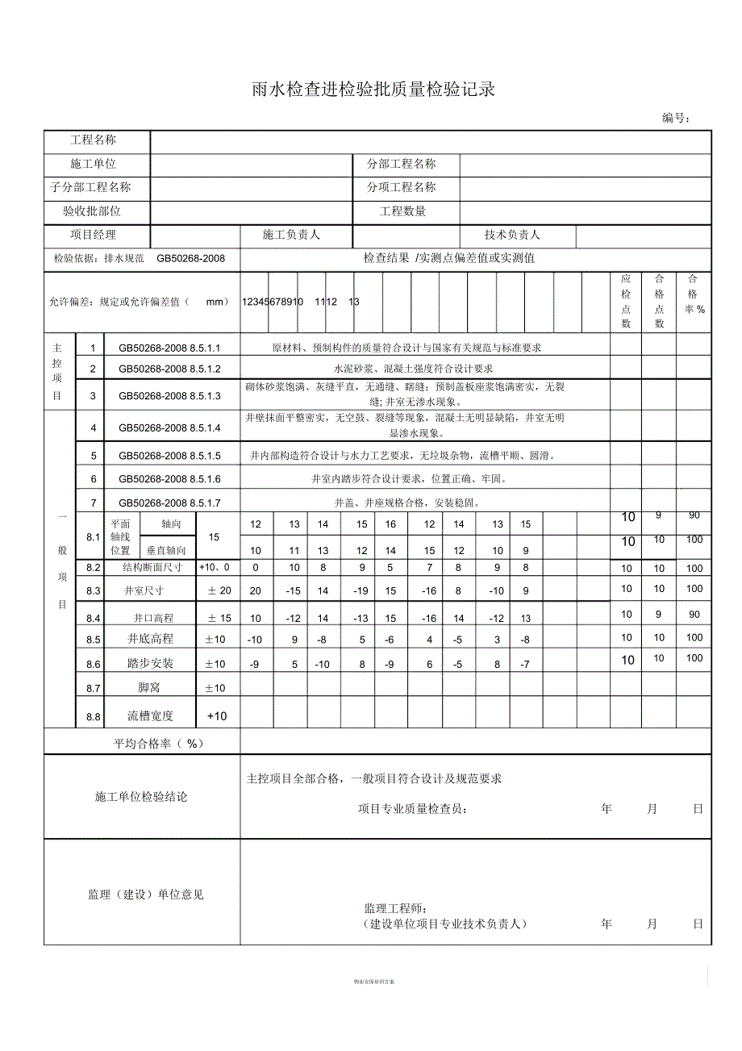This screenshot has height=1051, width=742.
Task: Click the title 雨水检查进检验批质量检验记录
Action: [x=373, y=90]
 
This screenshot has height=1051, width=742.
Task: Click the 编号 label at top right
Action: [x=676, y=119]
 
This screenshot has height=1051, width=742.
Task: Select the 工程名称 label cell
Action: [x=94, y=140]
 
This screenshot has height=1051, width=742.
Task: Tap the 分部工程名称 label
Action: [x=402, y=164]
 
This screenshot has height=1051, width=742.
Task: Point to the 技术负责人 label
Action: [x=512, y=235]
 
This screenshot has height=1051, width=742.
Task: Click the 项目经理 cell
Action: [x=94, y=235]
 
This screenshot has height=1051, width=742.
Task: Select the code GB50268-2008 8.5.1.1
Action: [x=169, y=348]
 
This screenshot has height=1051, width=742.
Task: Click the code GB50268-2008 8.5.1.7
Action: [x=169, y=503]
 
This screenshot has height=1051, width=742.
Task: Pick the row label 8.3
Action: [x=93, y=591]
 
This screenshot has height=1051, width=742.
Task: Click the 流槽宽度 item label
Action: [x=151, y=715]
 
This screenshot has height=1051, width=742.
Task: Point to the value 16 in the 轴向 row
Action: [x=390, y=524]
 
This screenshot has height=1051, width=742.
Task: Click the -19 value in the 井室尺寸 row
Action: [x=361, y=590]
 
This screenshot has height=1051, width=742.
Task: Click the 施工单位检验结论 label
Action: [x=141, y=797]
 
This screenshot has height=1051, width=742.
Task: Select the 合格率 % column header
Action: [x=693, y=294]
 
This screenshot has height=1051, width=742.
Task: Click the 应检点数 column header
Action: [x=626, y=301]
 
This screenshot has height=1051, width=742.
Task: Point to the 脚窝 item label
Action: [x=150, y=688]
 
